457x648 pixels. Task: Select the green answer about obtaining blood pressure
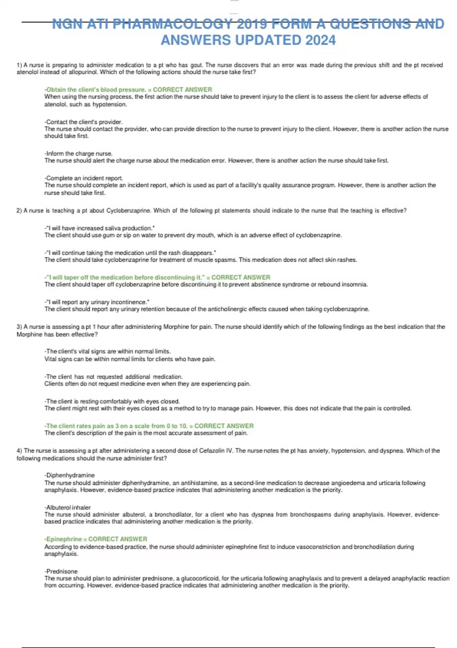point(128,90)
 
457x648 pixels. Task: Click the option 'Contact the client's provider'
point(84,122)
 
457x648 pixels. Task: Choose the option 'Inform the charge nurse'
point(78,154)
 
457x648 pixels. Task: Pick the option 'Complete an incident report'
point(84,178)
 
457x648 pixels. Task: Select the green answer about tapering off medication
point(157,277)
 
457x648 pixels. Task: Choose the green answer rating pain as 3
point(149,426)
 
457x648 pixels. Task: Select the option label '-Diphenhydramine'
point(70,475)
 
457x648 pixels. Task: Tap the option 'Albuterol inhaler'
point(68,507)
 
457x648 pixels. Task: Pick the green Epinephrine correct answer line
point(96,539)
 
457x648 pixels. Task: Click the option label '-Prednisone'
point(61,571)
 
